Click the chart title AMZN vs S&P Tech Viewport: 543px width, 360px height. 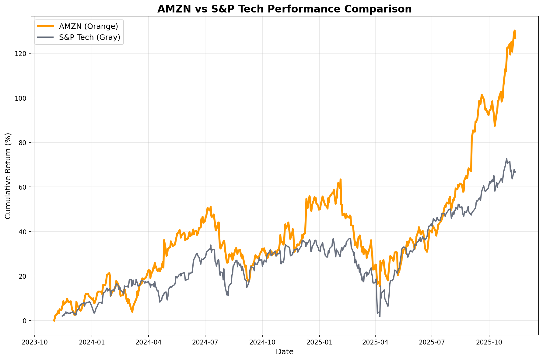284,9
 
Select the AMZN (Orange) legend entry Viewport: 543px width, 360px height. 88,26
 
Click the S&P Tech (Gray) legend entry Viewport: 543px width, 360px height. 89,37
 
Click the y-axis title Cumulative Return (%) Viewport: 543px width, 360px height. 8,176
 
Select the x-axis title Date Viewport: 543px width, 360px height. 284,352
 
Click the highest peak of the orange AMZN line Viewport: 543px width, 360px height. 514,30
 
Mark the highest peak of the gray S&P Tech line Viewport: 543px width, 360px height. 506,159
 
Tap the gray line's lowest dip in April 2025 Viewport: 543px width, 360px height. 380,316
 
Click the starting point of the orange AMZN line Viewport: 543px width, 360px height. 54,321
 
